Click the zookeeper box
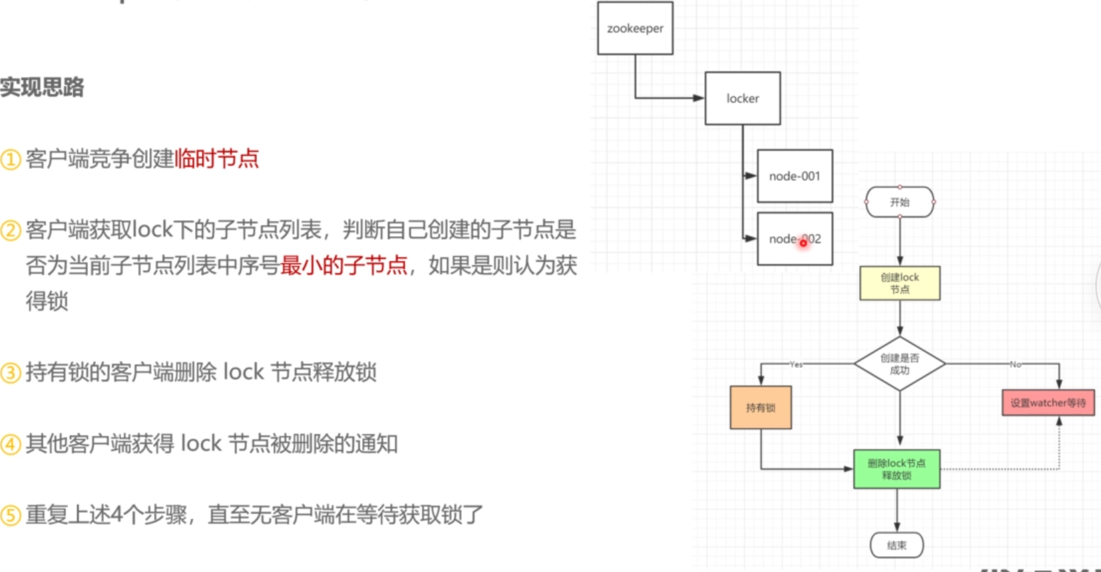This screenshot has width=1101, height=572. point(635,29)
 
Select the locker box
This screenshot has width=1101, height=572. point(742,99)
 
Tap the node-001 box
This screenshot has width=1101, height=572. point(795,176)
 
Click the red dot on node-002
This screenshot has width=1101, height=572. point(803,243)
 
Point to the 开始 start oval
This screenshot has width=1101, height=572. point(899,202)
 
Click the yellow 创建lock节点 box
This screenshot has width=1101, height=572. point(899,283)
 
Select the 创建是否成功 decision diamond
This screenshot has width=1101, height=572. point(899,364)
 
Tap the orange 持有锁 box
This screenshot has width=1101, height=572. point(760,408)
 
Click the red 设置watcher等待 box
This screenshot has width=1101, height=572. point(1048,403)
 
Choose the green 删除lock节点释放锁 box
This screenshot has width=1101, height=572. point(896,469)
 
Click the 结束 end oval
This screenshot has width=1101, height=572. point(896,545)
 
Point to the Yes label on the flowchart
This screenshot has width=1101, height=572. point(796,365)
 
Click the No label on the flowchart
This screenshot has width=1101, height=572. point(1015,365)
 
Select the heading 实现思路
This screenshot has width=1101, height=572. point(42,87)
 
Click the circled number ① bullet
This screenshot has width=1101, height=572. point(11,160)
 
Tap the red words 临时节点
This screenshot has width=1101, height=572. point(217,159)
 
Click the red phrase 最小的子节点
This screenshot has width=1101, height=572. point(343,266)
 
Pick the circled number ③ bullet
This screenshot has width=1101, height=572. point(11,373)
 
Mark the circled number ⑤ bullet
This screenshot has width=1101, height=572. point(11,515)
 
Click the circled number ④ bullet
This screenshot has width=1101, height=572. point(11,444)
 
